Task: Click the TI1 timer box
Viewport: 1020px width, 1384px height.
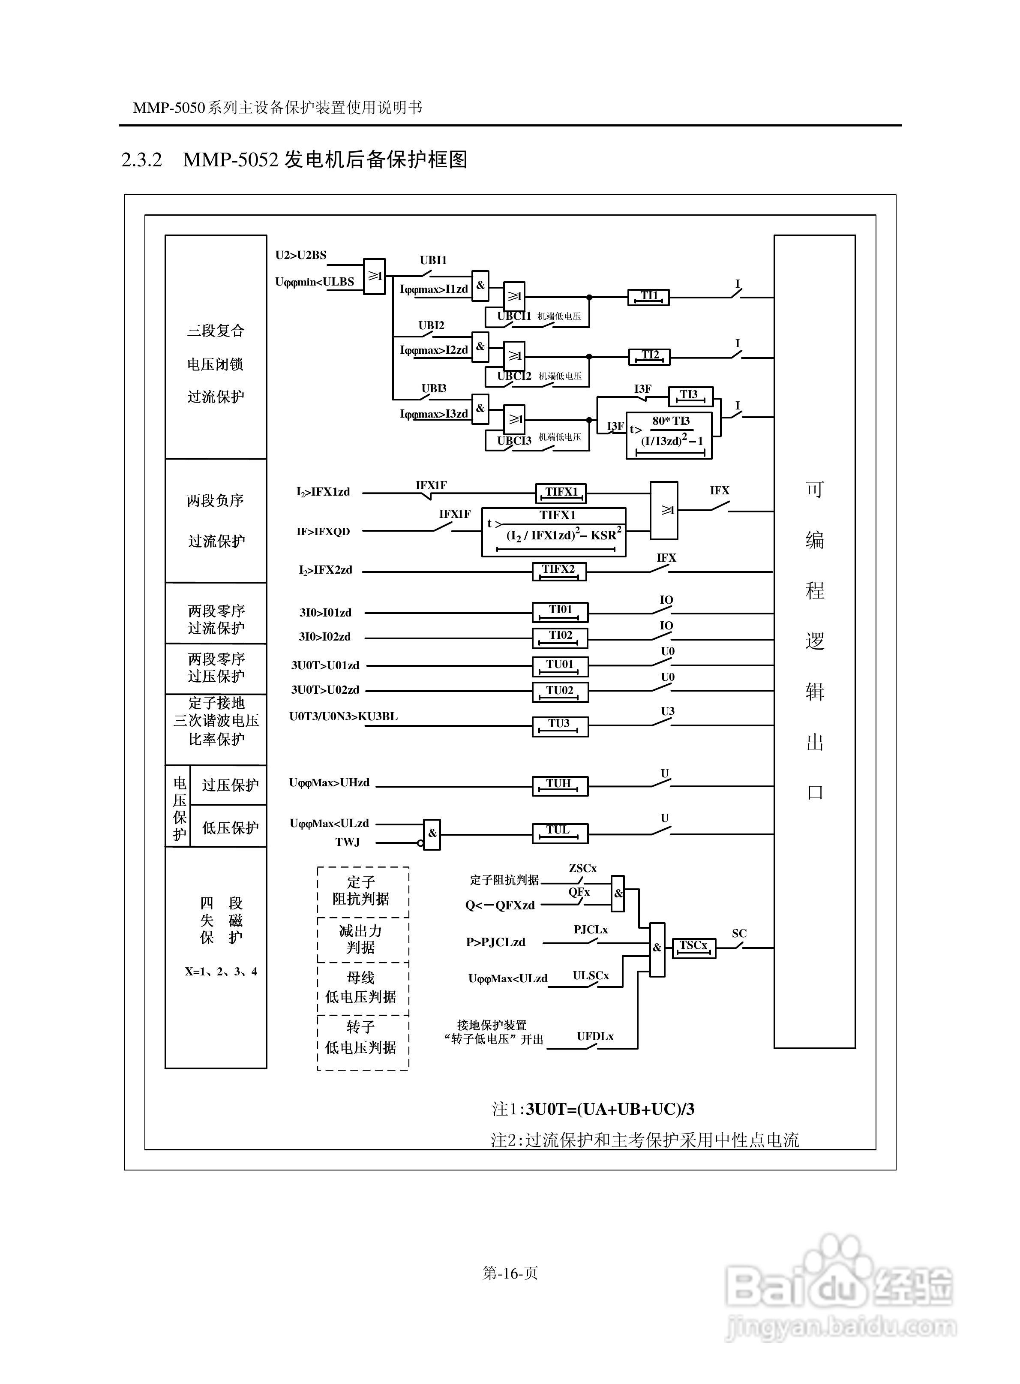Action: click(648, 297)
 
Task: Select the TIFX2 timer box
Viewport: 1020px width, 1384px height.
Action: click(559, 571)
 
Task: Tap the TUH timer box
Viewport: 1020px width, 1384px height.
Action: click(560, 785)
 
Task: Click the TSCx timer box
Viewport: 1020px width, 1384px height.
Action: click(693, 948)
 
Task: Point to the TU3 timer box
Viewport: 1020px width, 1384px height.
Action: click(560, 726)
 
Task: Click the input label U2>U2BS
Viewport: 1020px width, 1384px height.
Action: click(301, 255)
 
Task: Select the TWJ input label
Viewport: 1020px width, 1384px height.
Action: click(348, 842)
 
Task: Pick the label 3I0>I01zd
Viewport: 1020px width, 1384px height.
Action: click(325, 613)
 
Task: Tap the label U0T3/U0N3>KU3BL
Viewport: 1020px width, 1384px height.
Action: click(343, 716)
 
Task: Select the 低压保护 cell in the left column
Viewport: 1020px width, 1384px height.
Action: click(230, 827)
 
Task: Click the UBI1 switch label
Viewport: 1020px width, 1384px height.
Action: click(433, 260)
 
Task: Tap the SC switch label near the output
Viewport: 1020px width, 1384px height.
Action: click(739, 933)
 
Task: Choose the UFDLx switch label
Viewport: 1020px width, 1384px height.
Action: click(595, 1036)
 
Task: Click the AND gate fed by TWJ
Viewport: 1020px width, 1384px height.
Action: click(432, 834)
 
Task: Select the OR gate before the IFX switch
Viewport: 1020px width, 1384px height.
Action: click(664, 511)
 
